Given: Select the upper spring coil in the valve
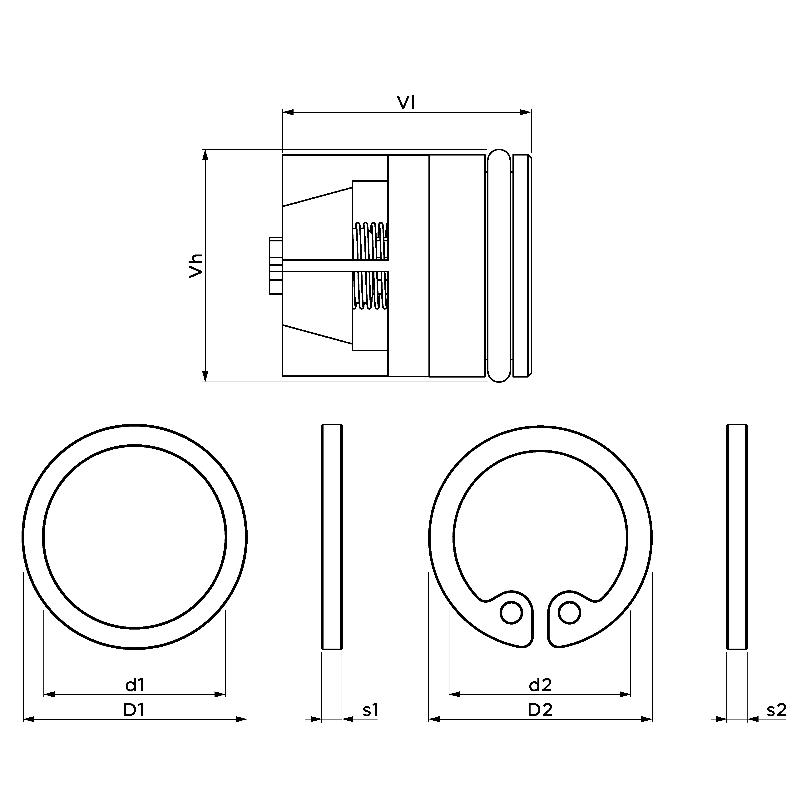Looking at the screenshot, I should click(x=370, y=240).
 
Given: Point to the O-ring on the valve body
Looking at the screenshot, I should click(x=499, y=265).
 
